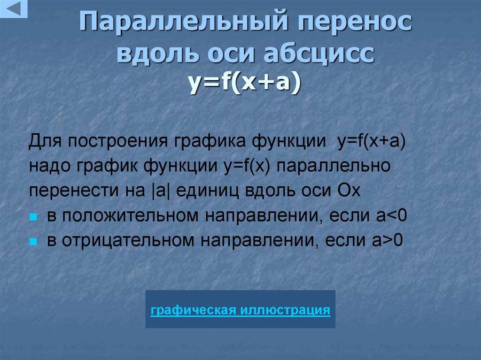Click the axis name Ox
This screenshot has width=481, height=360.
click(348, 191)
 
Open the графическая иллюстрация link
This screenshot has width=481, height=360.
click(240, 310)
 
